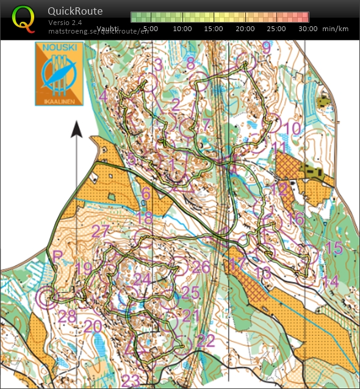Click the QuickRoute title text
point(74,11)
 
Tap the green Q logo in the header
point(24,18)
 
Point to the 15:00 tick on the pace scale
point(213,28)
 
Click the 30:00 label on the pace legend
point(308,28)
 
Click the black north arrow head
point(76,129)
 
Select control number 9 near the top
point(266,47)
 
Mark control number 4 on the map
point(103,96)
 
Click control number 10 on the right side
point(292,128)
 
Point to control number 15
point(333,248)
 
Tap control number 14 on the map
point(329,281)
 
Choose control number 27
point(100,231)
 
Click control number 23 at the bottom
point(131,380)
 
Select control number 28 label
point(68,316)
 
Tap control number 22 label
point(206,340)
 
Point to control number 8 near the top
point(190,63)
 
